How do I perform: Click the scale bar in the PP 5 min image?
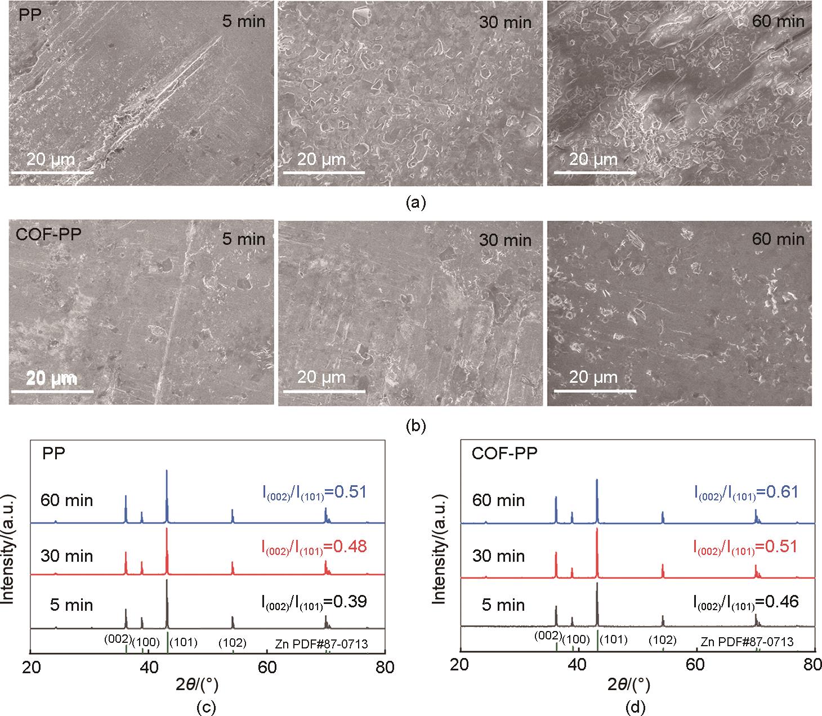pos(51,171)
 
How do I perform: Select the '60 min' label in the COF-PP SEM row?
pos(778,239)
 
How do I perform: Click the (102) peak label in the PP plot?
pos(233,643)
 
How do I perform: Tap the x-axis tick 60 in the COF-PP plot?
pos(697,668)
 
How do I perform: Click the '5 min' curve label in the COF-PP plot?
pos(503,605)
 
